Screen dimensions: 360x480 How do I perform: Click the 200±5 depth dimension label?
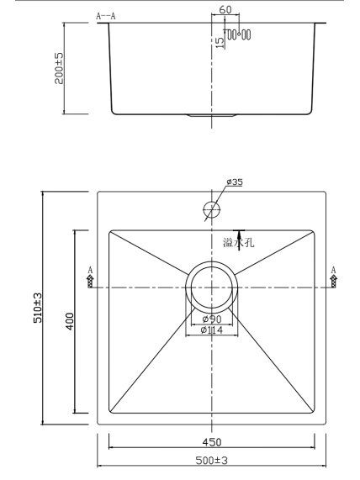pos(59,68)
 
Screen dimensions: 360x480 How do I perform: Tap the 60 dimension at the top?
pos(225,9)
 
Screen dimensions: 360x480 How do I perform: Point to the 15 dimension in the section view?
pos(220,43)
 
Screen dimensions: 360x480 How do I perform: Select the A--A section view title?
pos(106,16)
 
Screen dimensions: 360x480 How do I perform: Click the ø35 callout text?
pos(235,182)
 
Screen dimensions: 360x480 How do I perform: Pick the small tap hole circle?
pos(212,209)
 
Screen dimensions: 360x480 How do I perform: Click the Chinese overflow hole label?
pos(238,243)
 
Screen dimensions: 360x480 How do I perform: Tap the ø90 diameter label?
pos(212,319)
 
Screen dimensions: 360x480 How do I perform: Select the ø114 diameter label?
pos(212,330)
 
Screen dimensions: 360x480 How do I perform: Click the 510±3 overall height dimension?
pos(38,308)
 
